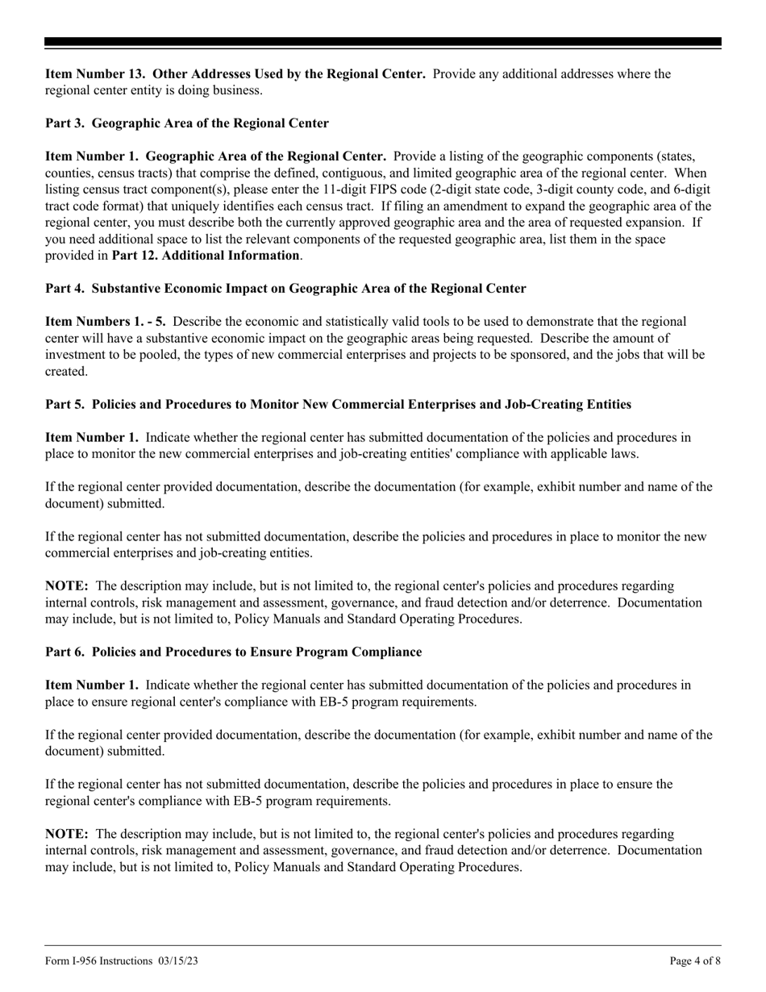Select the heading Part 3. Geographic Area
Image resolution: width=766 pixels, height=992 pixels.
(186, 123)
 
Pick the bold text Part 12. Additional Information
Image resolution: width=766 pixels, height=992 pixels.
(205, 256)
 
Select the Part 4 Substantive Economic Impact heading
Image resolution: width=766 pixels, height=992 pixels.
(285, 289)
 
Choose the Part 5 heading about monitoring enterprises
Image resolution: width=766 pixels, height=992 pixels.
(338, 404)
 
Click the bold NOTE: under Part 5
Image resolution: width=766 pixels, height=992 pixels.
(67, 586)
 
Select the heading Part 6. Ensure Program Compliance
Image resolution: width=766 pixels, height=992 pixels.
(233, 652)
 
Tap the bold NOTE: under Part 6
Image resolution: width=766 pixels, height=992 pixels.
(67, 834)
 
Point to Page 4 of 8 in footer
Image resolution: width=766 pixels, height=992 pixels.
(694, 961)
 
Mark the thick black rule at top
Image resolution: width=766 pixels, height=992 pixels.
(383, 42)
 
